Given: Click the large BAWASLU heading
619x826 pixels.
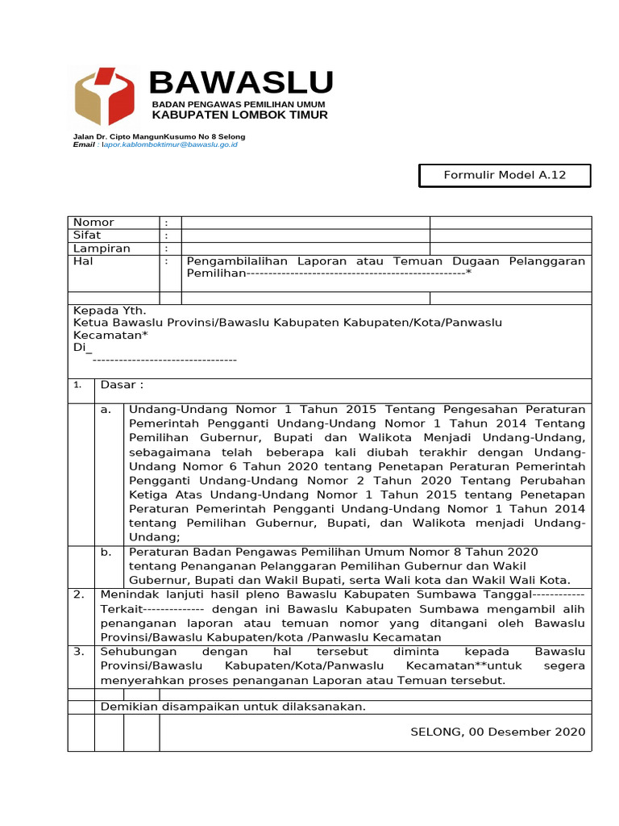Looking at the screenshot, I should coord(241,83).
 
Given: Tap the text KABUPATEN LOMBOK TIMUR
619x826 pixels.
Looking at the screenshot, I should coord(240,115).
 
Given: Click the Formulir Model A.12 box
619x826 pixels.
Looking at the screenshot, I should coord(505,176).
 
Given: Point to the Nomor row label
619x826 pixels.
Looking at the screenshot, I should coord(93,223).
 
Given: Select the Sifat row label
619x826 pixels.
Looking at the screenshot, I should coord(87,236).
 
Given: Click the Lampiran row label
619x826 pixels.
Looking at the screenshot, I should coord(102,248).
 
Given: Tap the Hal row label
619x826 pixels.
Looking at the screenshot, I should coord(84,261).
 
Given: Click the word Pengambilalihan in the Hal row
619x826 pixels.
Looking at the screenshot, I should coord(226,261).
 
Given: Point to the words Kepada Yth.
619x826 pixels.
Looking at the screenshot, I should coord(110,310).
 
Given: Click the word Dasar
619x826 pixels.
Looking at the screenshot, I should coord(121,385).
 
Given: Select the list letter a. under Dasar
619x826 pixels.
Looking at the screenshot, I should coord(106,410).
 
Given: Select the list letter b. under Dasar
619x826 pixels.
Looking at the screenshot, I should coord(106,552).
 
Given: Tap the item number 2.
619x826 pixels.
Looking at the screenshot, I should coord(79,594).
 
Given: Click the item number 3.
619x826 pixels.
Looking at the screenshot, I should coord(79,651).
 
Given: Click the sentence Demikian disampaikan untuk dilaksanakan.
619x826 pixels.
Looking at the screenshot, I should coord(233,707).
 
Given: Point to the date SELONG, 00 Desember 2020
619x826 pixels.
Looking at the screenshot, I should coord(498,732).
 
